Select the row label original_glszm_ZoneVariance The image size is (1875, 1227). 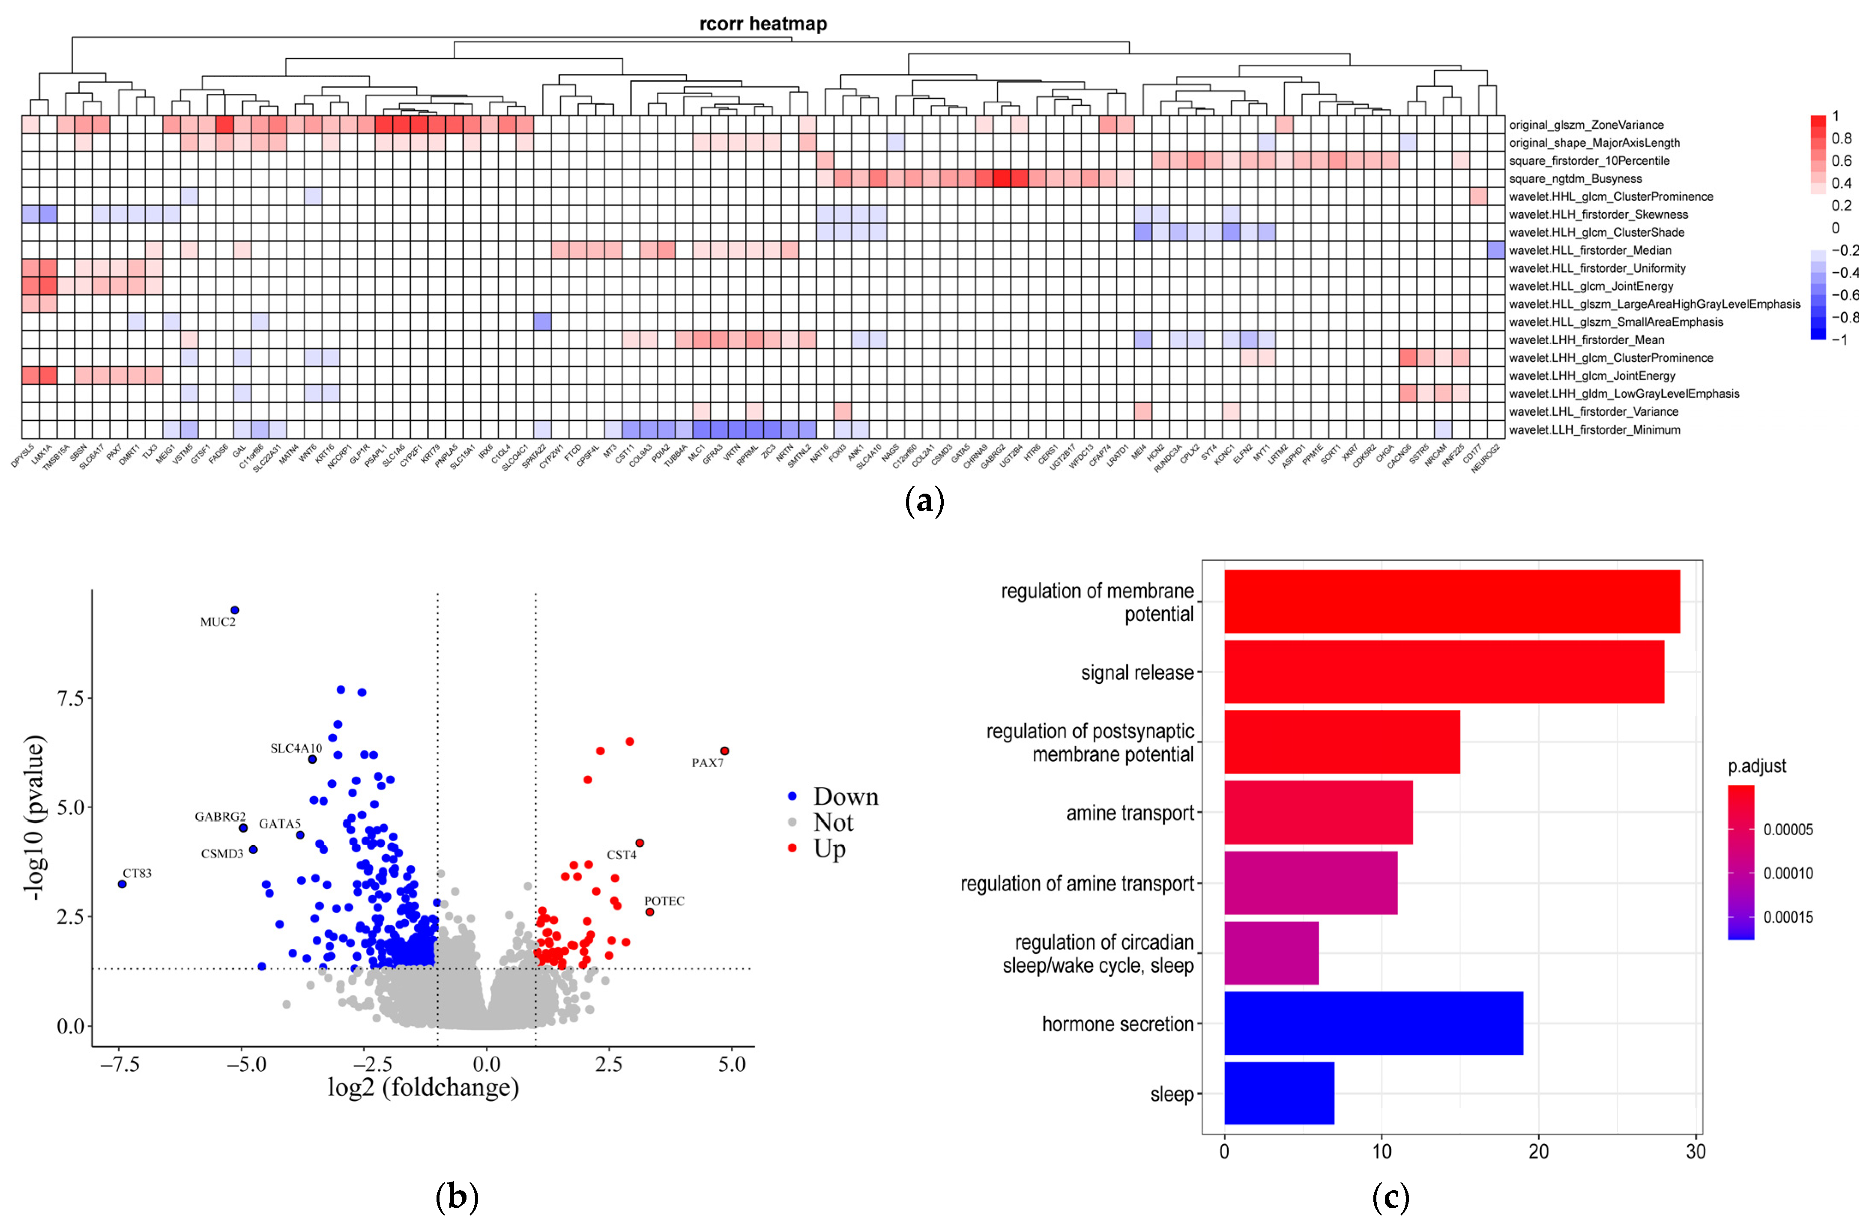coord(1586,125)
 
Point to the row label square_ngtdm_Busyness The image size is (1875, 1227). coord(1576,179)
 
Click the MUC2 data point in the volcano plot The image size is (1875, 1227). coord(234,611)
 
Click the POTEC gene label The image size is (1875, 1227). coord(664,901)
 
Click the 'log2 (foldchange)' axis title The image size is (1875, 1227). coord(423,1087)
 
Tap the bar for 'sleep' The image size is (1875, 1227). coord(1279,1093)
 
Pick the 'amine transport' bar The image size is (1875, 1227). coord(1318,813)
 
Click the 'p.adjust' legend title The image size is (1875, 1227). coord(1757,766)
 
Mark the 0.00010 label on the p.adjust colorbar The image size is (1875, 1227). coord(1788,873)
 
